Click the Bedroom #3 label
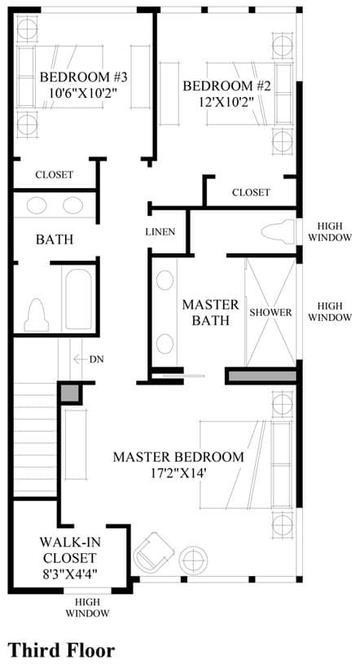(x=83, y=77)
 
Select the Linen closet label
(x=160, y=231)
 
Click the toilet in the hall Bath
(x=36, y=315)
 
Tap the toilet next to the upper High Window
(x=278, y=232)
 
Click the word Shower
(x=270, y=313)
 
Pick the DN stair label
(x=97, y=359)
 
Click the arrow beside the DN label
(x=80, y=359)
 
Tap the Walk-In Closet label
(x=68, y=549)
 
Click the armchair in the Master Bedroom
(x=153, y=551)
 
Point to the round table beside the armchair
(x=193, y=560)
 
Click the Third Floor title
(x=61, y=650)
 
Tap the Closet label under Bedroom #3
(x=55, y=174)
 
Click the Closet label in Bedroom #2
(x=251, y=192)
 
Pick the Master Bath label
(x=210, y=312)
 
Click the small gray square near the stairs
(x=69, y=393)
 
